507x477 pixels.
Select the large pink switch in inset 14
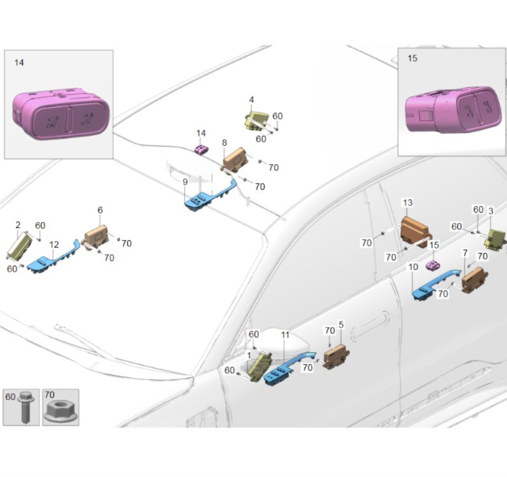(60, 115)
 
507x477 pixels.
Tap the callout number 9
(184, 182)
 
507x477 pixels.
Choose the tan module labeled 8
(234, 159)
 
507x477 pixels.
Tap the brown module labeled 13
(415, 231)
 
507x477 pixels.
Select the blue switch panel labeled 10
(433, 285)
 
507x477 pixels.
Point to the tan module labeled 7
(474, 280)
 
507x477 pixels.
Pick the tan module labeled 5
(335, 357)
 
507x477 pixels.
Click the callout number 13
(407, 203)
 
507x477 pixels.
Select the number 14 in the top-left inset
(18, 62)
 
